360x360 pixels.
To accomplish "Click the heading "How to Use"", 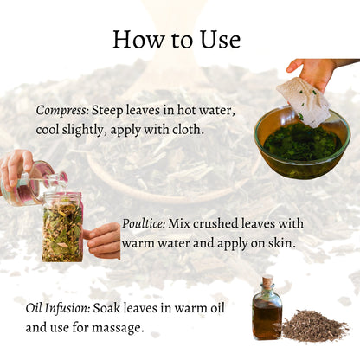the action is [x=177, y=39].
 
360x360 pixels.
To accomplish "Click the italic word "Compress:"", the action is [x=62, y=110].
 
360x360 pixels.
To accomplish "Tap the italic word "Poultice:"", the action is [x=144, y=223].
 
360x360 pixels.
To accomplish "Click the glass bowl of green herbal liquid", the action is [x=302, y=144].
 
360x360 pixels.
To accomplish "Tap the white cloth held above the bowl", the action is [x=304, y=102].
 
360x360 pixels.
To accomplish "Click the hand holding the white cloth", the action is [x=313, y=73].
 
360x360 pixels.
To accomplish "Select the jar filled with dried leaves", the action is [x=62, y=228].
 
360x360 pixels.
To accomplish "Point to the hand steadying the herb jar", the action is [x=103, y=241].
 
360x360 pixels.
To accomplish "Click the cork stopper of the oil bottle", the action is [x=267, y=280].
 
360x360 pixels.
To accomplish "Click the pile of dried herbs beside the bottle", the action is [x=315, y=326].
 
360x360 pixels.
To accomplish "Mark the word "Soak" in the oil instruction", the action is [x=107, y=308].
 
